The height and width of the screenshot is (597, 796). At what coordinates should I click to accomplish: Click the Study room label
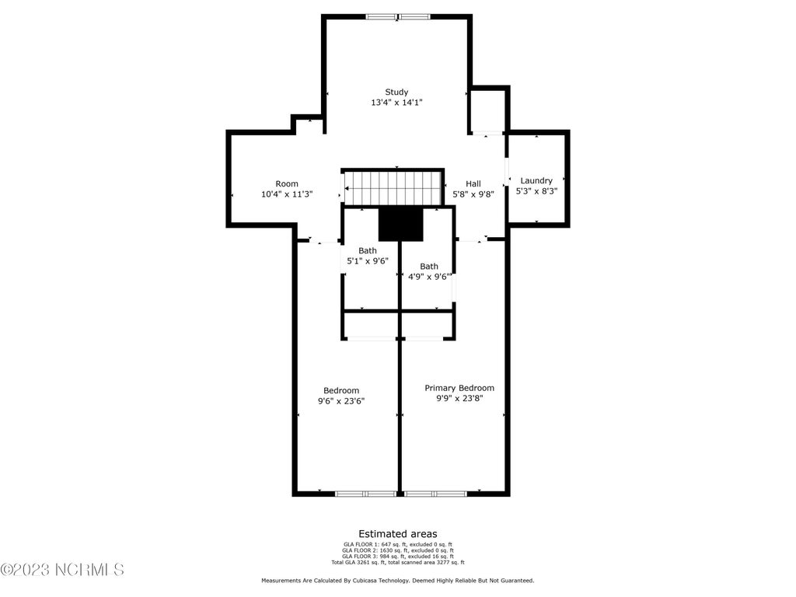pyautogui.click(x=396, y=92)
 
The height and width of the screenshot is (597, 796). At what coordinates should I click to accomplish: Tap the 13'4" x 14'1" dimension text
pyautogui.click(x=396, y=103)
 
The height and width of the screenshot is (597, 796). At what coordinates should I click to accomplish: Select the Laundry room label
pyautogui.click(x=536, y=180)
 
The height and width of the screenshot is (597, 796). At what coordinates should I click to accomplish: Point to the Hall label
pyautogui.click(x=473, y=183)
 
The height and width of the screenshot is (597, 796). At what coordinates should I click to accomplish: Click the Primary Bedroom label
pyautogui.click(x=459, y=388)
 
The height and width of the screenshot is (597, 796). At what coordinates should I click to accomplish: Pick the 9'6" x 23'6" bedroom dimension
pyautogui.click(x=341, y=401)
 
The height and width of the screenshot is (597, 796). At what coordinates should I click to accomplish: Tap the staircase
pyautogui.click(x=392, y=188)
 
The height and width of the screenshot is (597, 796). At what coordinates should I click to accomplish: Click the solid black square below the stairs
pyautogui.click(x=400, y=225)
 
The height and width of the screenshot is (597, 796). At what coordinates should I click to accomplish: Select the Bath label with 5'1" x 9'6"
pyautogui.click(x=368, y=251)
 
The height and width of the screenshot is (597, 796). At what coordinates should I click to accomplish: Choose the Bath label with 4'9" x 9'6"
pyautogui.click(x=429, y=267)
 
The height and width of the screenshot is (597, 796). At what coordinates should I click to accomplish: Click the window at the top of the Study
pyautogui.click(x=398, y=17)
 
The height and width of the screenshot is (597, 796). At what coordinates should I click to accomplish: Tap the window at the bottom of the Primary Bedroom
pyautogui.click(x=435, y=493)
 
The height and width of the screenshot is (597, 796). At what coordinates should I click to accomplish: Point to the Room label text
pyautogui.click(x=287, y=183)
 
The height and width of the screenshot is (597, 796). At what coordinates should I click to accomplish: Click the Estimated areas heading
pyautogui.click(x=398, y=534)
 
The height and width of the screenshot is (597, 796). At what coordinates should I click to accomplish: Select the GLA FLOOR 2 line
pyautogui.click(x=398, y=550)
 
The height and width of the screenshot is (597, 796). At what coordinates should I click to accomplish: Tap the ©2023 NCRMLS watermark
pyautogui.click(x=62, y=570)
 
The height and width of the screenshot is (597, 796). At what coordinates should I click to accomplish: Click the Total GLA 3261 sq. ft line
pyautogui.click(x=398, y=563)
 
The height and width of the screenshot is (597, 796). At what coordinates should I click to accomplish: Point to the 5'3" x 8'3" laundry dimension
pyautogui.click(x=536, y=191)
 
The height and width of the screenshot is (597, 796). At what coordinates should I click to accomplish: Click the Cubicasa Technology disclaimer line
pyautogui.click(x=398, y=580)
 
